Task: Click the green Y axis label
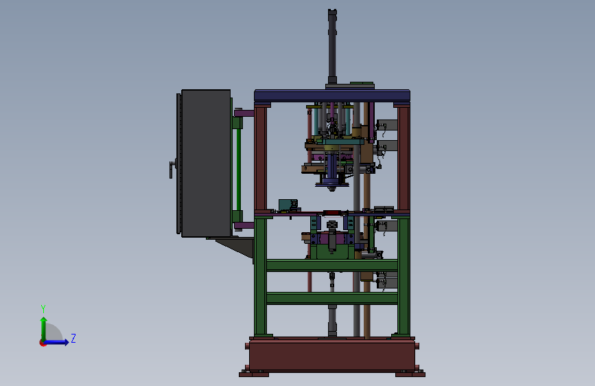click(43, 309)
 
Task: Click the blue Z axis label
click(73, 338)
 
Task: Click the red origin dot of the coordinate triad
click(43, 343)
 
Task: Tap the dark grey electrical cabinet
click(206, 163)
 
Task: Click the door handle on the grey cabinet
click(173, 168)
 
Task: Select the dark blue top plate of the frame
click(332, 95)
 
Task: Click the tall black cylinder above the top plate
click(332, 46)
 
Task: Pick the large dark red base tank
click(332, 355)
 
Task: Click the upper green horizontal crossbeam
click(332, 265)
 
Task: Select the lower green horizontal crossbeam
click(332, 298)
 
